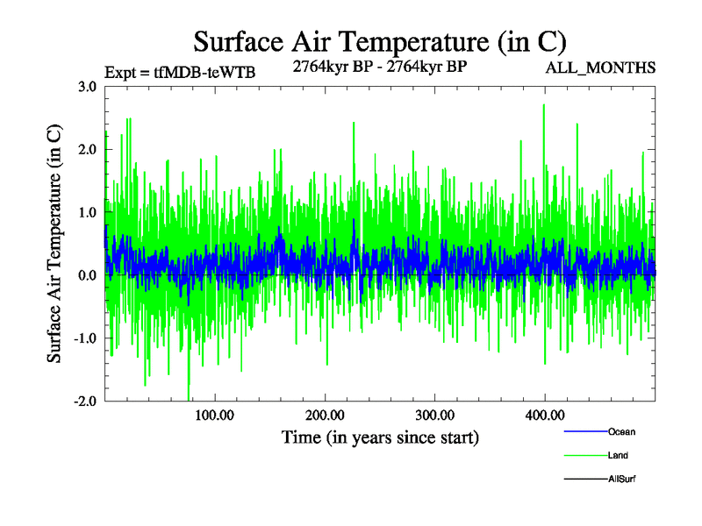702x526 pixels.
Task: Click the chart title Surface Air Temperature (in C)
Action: click(x=379, y=41)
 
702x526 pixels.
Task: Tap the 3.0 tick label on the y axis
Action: click(x=87, y=87)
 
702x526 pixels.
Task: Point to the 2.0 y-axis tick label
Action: click(x=87, y=150)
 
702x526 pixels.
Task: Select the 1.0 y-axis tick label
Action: click(x=87, y=213)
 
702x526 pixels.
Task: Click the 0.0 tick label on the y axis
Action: click(x=87, y=275)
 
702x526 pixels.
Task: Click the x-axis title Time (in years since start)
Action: click(x=380, y=437)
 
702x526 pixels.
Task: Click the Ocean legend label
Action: click(x=621, y=432)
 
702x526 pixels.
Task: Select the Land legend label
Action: click(x=618, y=456)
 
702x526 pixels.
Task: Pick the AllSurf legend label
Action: click(x=622, y=480)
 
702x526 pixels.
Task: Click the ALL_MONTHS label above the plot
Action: click(x=601, y=68)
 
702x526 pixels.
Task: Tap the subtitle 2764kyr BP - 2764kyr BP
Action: click(x=379, y=65)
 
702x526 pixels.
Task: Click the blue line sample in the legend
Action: click(x=584, y=432)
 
